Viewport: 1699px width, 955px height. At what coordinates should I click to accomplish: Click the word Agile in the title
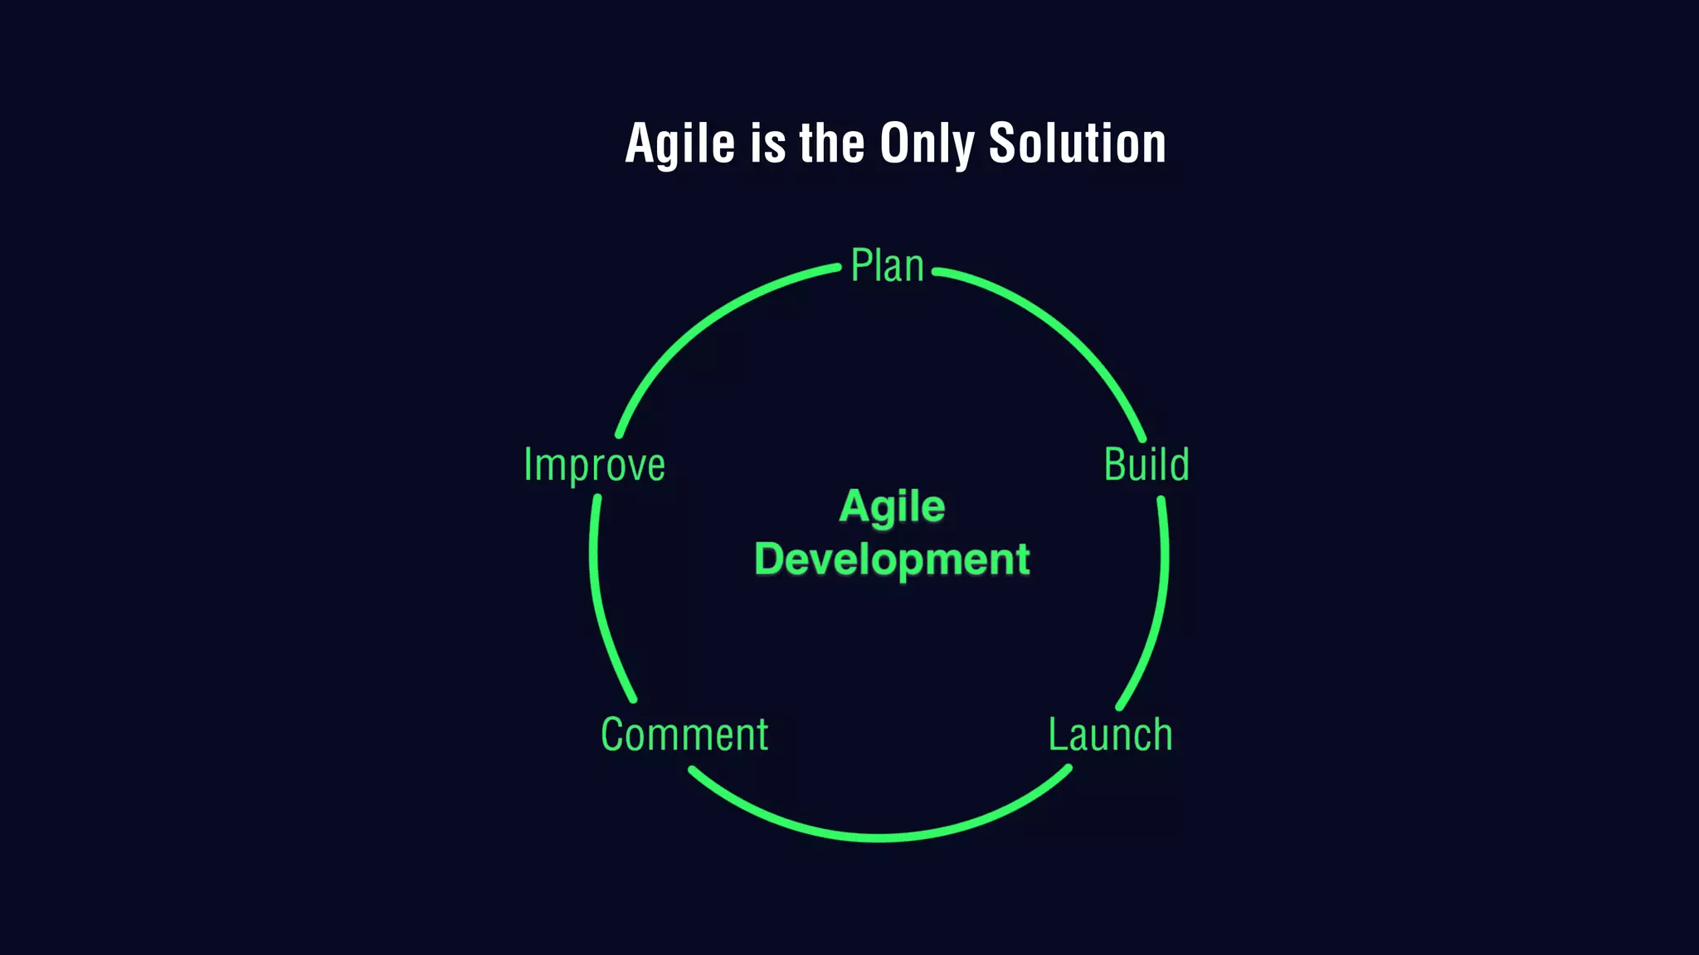tap(679, 144)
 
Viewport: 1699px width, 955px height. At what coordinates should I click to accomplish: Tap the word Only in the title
tap(927, 144)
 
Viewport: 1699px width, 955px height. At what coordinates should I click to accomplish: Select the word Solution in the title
tap(1077, 144)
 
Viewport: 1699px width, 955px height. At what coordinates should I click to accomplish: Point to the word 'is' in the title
tap(767, 144)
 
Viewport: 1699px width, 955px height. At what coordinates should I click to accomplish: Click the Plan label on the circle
tap(887, 267)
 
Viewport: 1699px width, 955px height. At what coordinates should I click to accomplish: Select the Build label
tap(1146, 464)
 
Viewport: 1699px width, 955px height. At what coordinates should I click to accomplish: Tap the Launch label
tap(1110, 735)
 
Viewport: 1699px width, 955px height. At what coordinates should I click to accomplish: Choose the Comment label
tap(684, 735)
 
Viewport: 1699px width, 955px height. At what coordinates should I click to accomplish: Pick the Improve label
tap(594, 465)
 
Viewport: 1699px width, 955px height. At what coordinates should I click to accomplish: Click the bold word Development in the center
tap(892, 559)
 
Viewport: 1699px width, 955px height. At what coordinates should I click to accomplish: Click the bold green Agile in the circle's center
tap(892, 506)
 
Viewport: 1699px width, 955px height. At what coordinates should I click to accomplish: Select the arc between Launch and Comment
tap(879, 837)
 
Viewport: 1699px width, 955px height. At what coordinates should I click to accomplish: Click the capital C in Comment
tap(612, 735)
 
